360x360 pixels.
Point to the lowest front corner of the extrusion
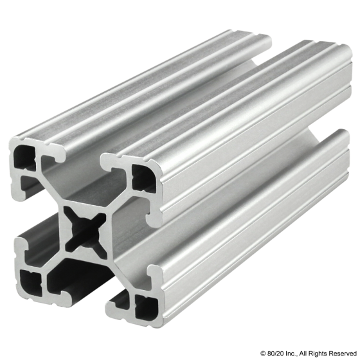point(119,318)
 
